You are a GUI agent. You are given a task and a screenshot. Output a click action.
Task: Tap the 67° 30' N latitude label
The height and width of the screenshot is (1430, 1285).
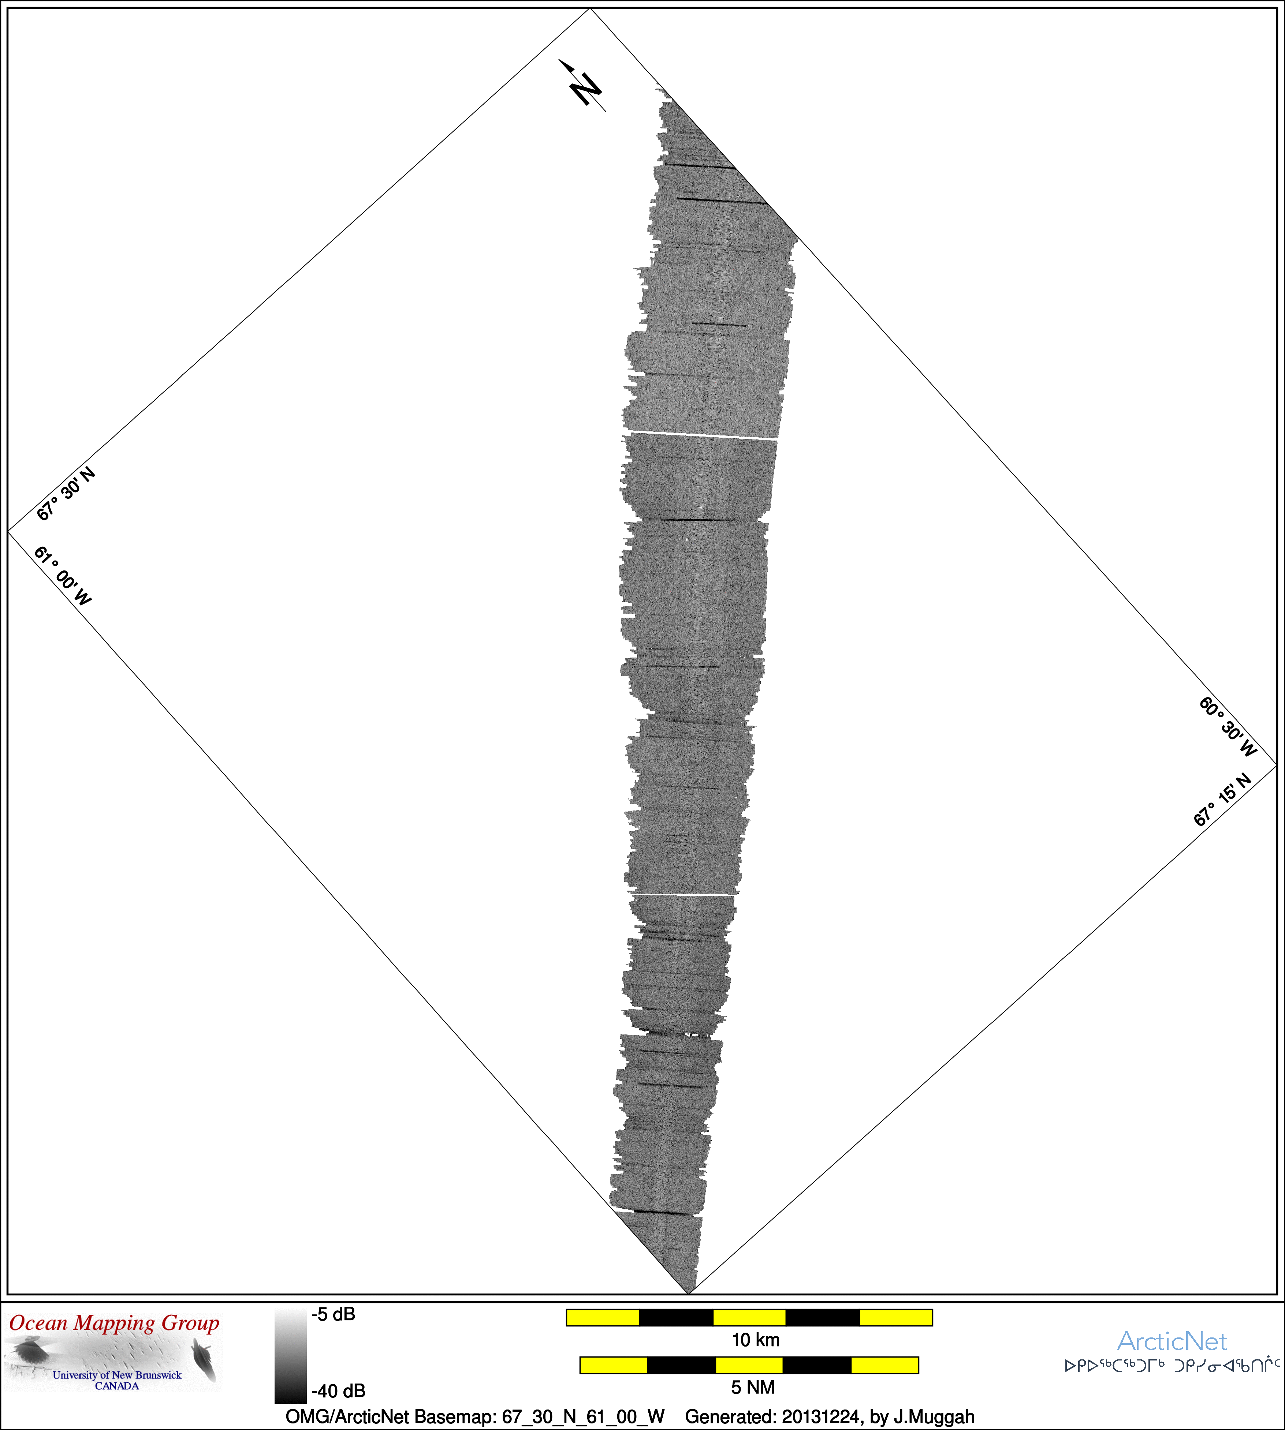pyautogui.click(x=66, y=493)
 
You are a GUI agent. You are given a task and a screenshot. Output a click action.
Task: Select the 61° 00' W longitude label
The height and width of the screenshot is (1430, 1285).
pyautogui.click(x=63, y=575)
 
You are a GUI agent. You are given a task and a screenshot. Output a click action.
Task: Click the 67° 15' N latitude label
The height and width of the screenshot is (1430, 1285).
pyautogui.click(x=1222, y=800)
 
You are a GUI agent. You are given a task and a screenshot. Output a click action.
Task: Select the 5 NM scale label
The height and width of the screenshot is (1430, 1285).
pyautogui.click(x=753, y=1388)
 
